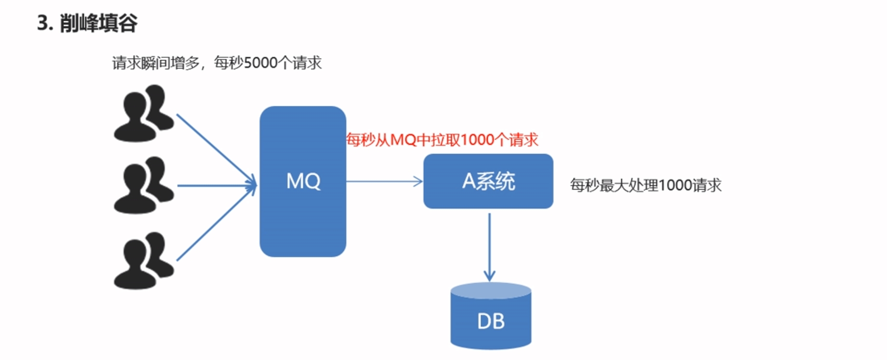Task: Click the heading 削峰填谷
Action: click(x=99, y=23)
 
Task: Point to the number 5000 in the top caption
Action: click(x=261, y=63)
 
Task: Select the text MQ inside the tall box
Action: click(x=303, y=181)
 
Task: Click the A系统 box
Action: click(x=488, y=181)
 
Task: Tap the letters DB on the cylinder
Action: click(x=490, y=321)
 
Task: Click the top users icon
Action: click(x=143, y=114)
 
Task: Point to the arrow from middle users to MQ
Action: click(x=217, y=185)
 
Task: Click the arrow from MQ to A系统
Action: click(x=384, y=181)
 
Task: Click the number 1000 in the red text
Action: click(x=477, y=140)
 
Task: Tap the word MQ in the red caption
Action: click(x=403, y=140)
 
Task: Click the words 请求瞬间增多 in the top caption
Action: click(x=156, y=63)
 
